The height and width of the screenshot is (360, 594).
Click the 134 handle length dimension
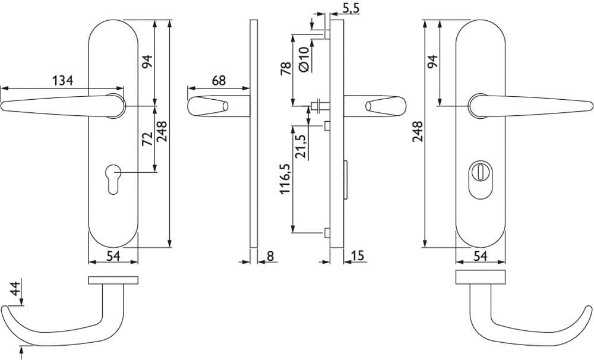(62, 80)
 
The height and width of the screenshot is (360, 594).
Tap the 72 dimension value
(147, 138)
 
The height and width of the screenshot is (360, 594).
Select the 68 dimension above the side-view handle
(219, 80)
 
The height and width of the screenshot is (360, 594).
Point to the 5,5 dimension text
(350, 8)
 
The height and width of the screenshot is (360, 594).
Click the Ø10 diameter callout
(304, 59)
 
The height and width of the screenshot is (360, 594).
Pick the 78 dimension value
(286, 68)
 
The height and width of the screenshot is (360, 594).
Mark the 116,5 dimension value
(285, 178)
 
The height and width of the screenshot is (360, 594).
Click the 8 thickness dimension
(270, 256)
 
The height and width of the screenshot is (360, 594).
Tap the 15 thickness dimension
(357, 256)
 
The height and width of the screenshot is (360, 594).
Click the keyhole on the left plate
(113, 179)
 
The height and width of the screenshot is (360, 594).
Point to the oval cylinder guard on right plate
(480, 180)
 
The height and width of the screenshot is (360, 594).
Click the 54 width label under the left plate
(113, 256)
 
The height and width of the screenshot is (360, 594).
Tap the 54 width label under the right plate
(480, 256)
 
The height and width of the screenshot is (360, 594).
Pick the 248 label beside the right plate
(418, 131)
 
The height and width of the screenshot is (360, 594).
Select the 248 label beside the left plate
(162, 131)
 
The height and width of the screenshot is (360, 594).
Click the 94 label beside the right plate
(432, 61)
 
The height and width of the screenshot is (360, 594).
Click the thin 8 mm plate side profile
(254, 134)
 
